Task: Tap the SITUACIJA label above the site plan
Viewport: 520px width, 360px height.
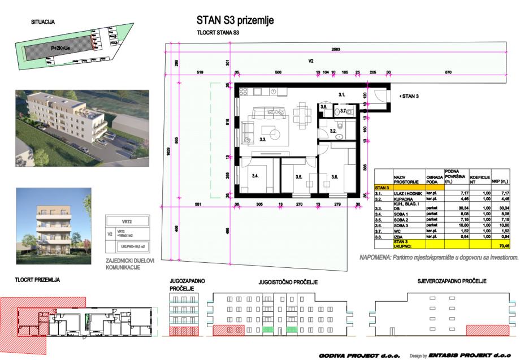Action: pos(42,23)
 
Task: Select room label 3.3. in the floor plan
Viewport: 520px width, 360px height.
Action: pos(263,138)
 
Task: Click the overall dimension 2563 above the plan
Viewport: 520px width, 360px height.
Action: pos(336,50)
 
